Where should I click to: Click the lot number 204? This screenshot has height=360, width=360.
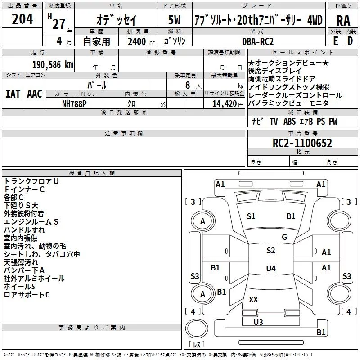point(22,19)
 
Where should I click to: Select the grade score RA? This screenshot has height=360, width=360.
point(343,21)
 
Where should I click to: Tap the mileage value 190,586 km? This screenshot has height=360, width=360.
point(53,65)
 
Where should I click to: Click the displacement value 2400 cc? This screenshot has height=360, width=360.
point(138,42)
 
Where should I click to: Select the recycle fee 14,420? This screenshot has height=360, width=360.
point(224,103)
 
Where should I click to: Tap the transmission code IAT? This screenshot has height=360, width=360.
point(13,94)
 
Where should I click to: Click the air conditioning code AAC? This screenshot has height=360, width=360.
point(35,94)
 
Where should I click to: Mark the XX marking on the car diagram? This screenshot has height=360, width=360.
point(253,299)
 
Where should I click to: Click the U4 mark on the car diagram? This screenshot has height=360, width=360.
point(270,269)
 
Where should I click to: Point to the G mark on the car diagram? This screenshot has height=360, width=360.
point(284,237)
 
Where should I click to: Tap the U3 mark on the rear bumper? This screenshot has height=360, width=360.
point(258,322)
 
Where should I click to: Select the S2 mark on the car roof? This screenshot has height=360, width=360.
point(270,251)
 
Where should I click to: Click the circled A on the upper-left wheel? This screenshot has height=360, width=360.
point(202,221)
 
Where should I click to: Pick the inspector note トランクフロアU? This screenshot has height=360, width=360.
point(31,181)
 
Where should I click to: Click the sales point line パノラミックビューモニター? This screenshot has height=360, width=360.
point(292,103)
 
